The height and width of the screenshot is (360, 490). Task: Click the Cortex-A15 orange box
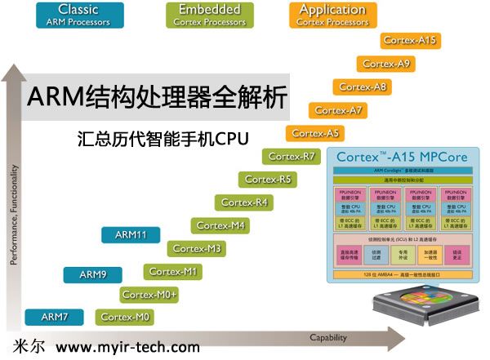click(410, 40)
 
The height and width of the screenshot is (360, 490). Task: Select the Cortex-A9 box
click(386, 63)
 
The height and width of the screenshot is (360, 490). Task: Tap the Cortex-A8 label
click(362, 87)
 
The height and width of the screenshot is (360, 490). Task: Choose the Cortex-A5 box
click(314, 133)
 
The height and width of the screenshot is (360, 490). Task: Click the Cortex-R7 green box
click(292, 156)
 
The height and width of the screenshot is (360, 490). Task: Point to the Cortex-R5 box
click(268, 179)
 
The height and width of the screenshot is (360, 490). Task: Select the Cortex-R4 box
click(244, 202)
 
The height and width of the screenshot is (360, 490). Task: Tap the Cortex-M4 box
click(220, 225)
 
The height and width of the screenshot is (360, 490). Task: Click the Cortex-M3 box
click(197, 248)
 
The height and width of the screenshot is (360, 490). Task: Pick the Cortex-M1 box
click(173, 271)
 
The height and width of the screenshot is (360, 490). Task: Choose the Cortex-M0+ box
click(149, 294)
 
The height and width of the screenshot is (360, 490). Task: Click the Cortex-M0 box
click(126, 317)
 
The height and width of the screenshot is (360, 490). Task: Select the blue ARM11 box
click(131, 235)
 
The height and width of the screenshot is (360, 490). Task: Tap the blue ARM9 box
click(92, 275)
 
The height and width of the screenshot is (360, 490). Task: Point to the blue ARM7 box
click(54, 317)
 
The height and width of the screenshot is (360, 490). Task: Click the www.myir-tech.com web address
click(128, 347)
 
